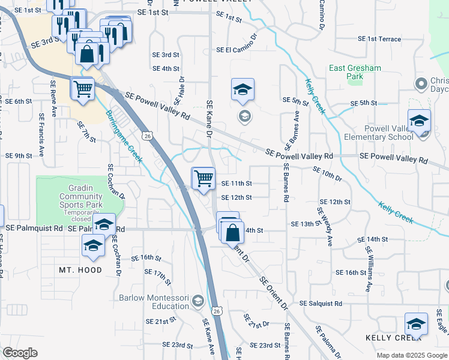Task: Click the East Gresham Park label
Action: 355,72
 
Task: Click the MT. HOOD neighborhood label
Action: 80,271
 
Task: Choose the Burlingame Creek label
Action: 124,136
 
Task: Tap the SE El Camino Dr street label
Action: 237,50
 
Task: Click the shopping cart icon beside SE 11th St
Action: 203,178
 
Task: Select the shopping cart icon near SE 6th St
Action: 83,89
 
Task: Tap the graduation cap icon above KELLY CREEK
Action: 416,324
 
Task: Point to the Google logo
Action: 20,353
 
